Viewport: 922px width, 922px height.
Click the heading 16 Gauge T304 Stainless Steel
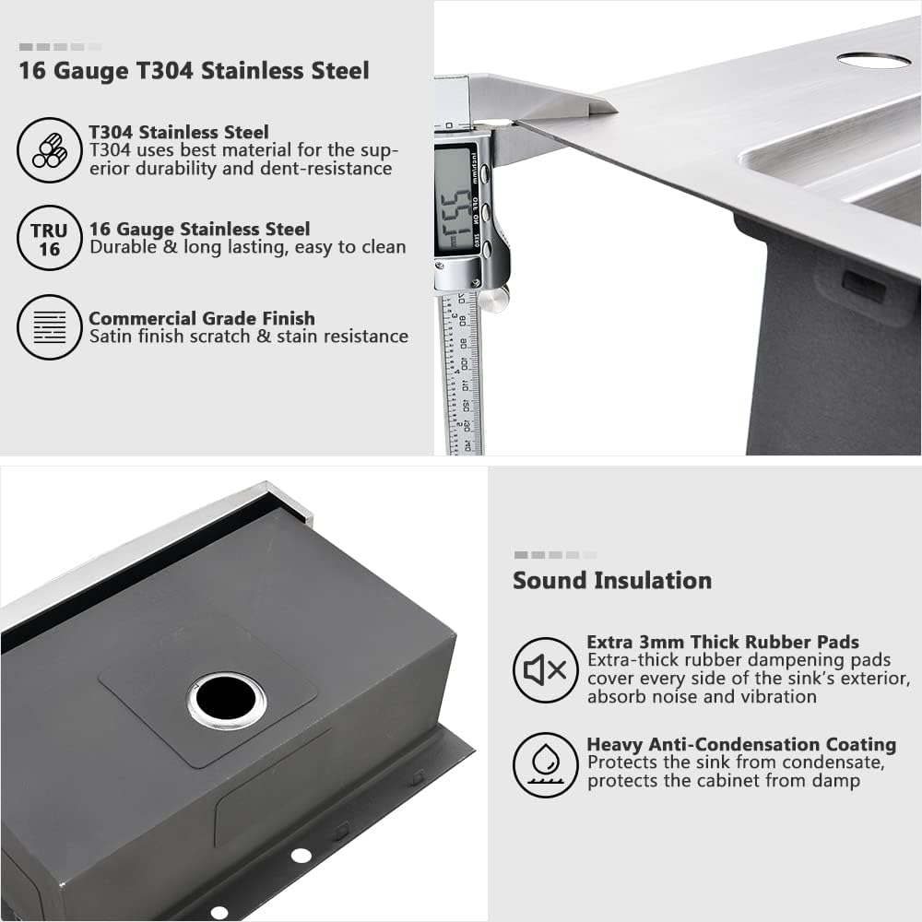194,71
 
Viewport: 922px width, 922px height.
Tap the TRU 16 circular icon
49,238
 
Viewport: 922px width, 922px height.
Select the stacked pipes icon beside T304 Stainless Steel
49,150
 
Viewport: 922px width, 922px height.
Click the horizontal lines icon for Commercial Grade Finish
49,327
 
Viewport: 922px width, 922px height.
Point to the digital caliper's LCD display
454,198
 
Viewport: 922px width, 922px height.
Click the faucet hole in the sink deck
873,60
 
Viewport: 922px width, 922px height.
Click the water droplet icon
545,764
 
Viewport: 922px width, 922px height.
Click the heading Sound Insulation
612,581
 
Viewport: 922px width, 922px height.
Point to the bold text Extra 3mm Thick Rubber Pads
723,642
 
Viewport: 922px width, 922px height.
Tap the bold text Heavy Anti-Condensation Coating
741,744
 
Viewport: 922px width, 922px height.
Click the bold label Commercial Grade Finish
202,318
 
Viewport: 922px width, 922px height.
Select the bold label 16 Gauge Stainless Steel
199,229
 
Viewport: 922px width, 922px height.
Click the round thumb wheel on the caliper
494,299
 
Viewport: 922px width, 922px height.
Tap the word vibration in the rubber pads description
773,696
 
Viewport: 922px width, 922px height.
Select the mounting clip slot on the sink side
863,287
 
